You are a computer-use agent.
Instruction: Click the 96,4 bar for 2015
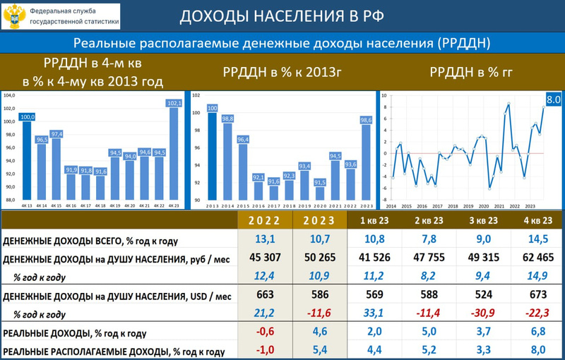pyautogui.click(x=242, y=169)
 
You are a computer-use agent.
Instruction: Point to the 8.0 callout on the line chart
pyautogui.click(x=553, y=100)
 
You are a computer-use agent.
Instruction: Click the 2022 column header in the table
pyautogui.click(x=266, y=220)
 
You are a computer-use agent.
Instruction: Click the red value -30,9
pyautogui.click(x=478, y=313)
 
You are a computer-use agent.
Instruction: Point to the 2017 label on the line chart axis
pyautogui.click(x=436, y=206)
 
